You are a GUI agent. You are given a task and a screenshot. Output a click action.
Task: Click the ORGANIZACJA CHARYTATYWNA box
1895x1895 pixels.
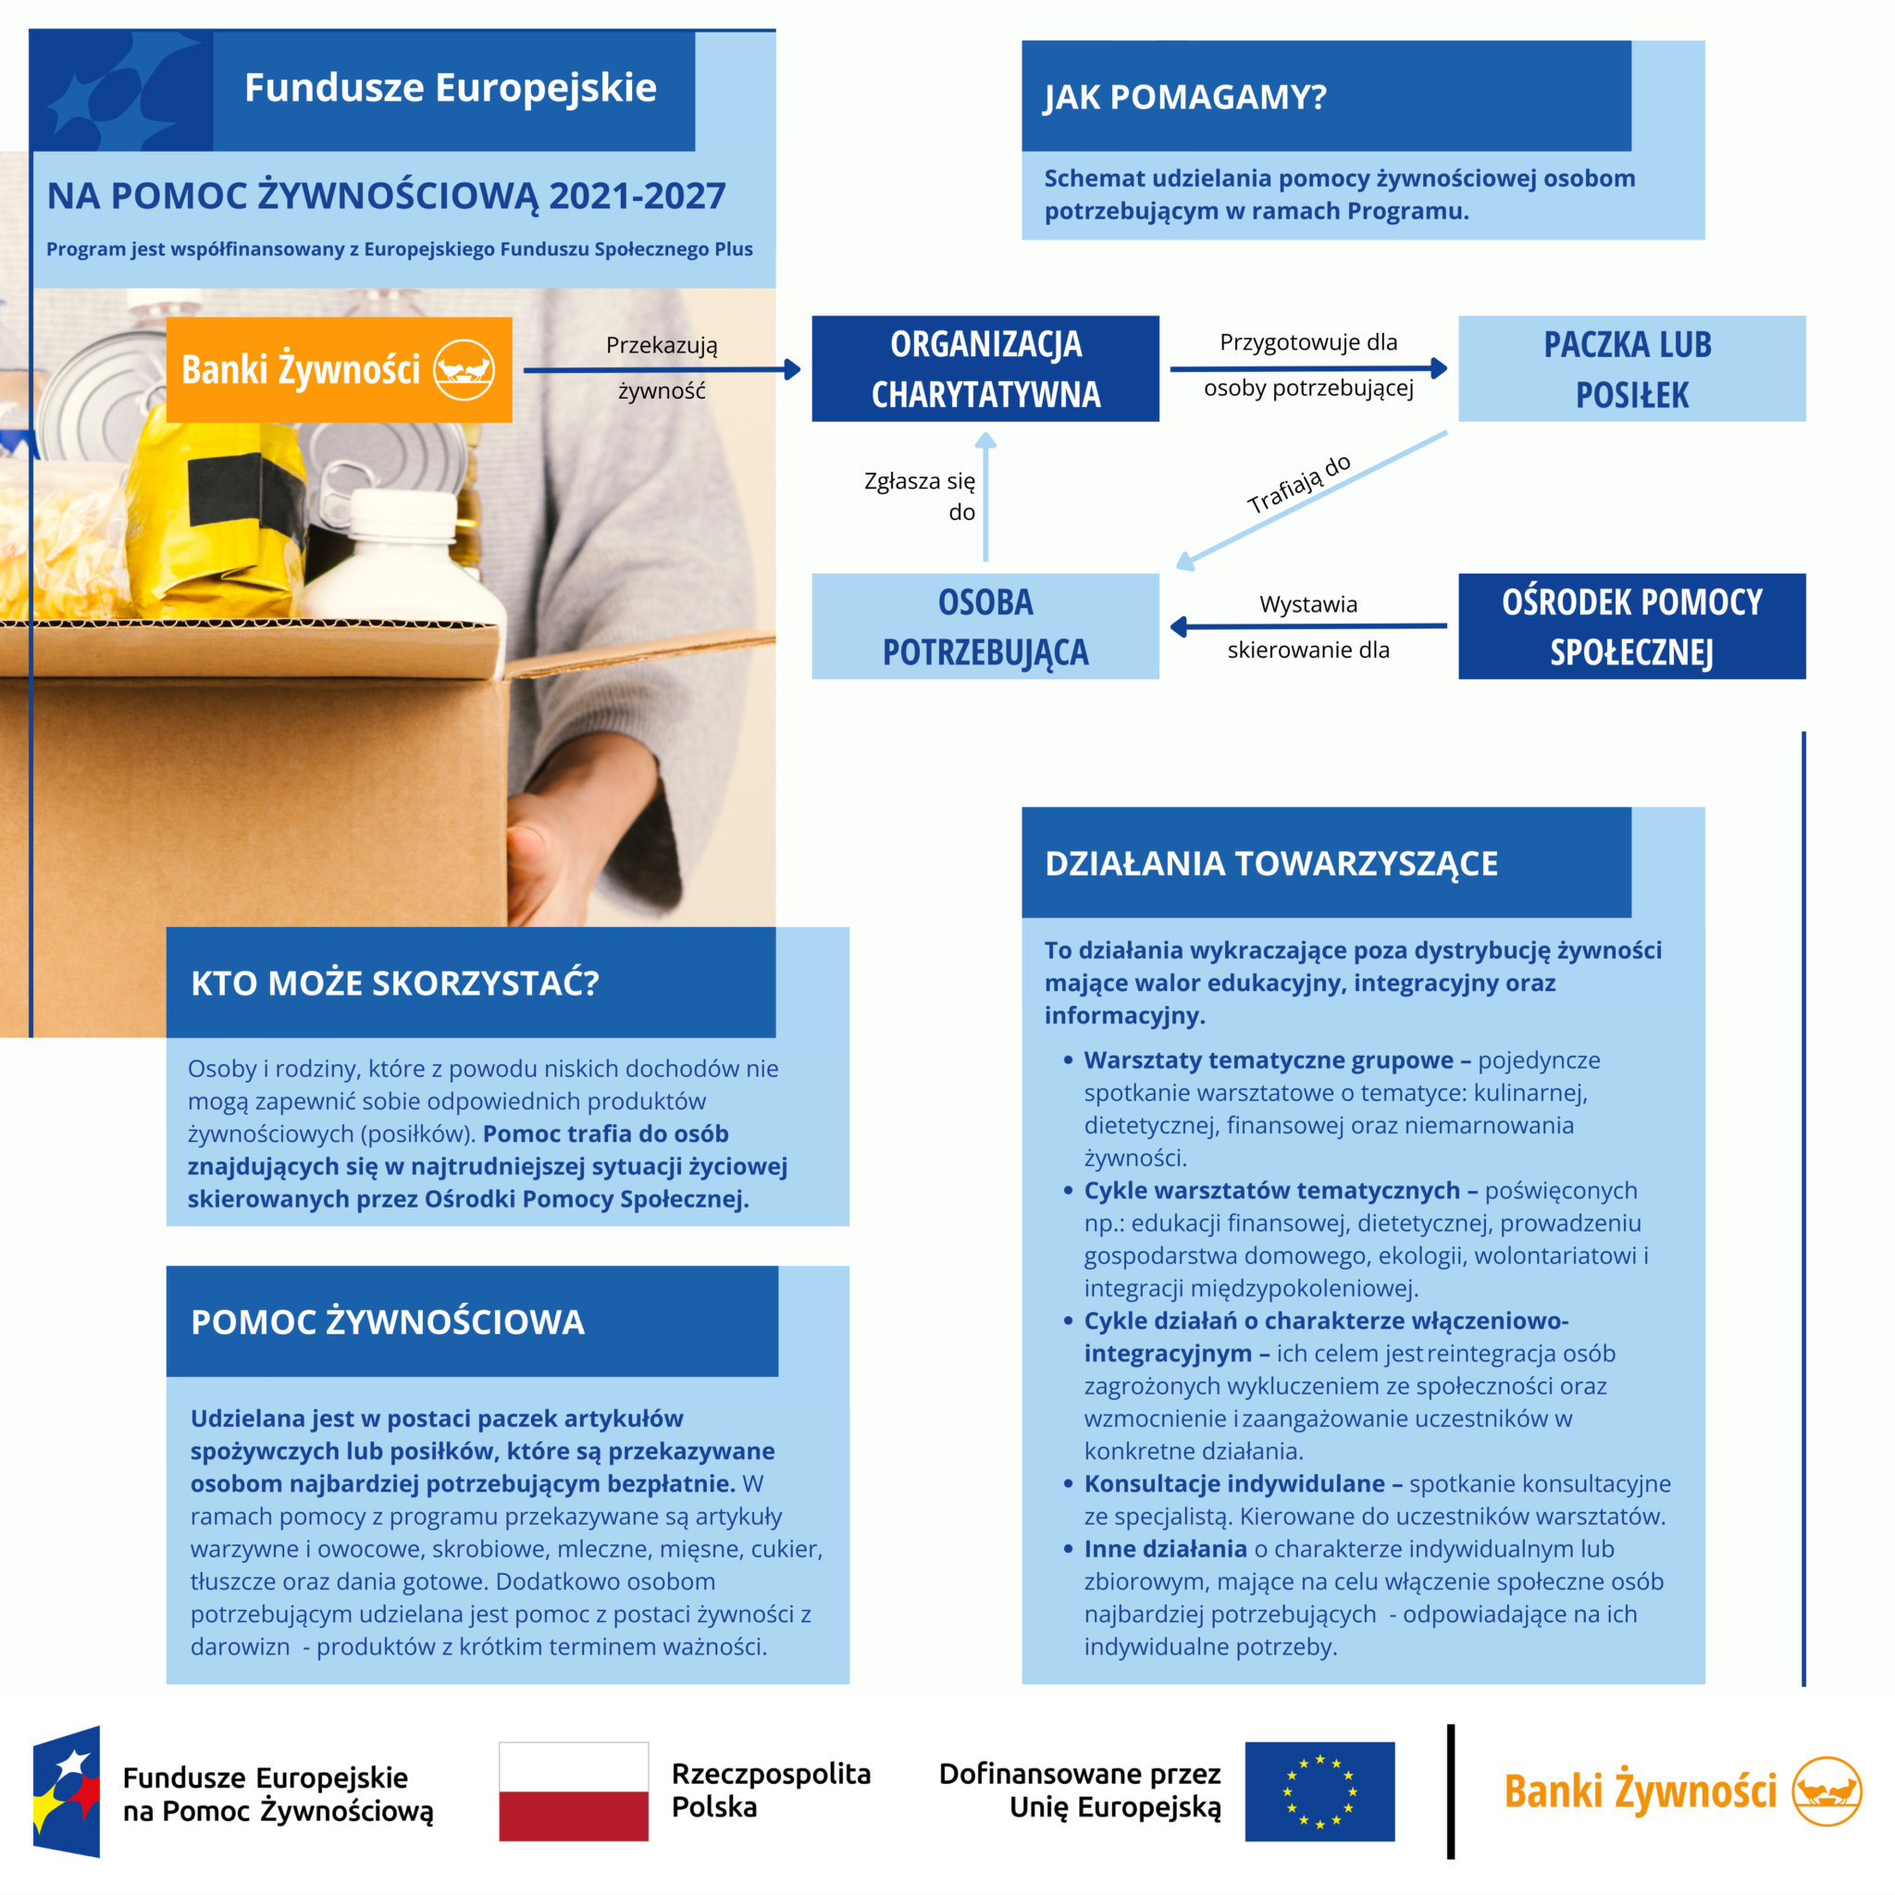click(985, 369)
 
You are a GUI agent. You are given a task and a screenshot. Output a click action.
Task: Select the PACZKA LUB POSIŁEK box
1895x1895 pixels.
click(1631, 369)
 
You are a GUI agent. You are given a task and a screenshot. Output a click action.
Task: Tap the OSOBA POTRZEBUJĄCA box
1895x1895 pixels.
click(985, 625)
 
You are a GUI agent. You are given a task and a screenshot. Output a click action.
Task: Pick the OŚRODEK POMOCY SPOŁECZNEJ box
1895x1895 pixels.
click(1631, 625)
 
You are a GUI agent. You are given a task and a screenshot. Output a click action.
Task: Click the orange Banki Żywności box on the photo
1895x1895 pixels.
click(339, 370)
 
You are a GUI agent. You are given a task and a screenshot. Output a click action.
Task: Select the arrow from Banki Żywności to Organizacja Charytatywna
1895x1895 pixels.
click(663, 370)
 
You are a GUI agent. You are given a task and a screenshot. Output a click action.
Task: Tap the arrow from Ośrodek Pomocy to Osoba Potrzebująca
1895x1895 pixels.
click(1308, 625)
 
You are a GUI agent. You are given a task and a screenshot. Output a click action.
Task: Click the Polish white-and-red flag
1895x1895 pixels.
click(573, 1791)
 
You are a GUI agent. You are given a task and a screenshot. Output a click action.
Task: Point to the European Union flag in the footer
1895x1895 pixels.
click(1319, 1791)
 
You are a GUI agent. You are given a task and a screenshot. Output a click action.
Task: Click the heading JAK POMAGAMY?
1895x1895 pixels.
click(1185, 97)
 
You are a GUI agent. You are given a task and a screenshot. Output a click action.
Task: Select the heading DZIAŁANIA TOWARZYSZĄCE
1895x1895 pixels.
click(1271, 863)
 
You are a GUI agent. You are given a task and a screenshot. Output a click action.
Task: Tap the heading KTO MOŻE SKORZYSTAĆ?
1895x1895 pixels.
click(394, 983)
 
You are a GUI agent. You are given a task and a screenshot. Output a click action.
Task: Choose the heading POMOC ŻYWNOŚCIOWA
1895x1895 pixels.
click(388, 1322)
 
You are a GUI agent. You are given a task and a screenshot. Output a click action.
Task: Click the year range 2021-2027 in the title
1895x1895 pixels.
click(637, 196)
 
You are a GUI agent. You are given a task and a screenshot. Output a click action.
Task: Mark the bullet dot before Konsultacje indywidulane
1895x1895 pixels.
click(1068, 1484)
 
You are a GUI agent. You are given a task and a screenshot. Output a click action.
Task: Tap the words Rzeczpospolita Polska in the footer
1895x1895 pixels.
click(771, 1790)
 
